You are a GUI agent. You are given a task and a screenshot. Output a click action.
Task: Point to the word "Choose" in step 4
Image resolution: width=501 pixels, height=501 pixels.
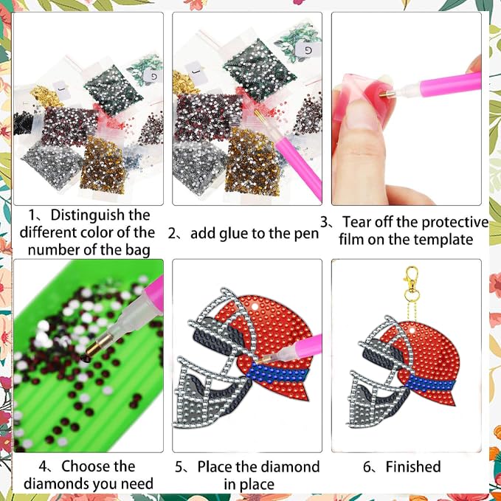click(98, 466)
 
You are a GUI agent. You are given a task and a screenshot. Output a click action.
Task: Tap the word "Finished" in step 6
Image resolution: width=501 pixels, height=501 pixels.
click(412, 466)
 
